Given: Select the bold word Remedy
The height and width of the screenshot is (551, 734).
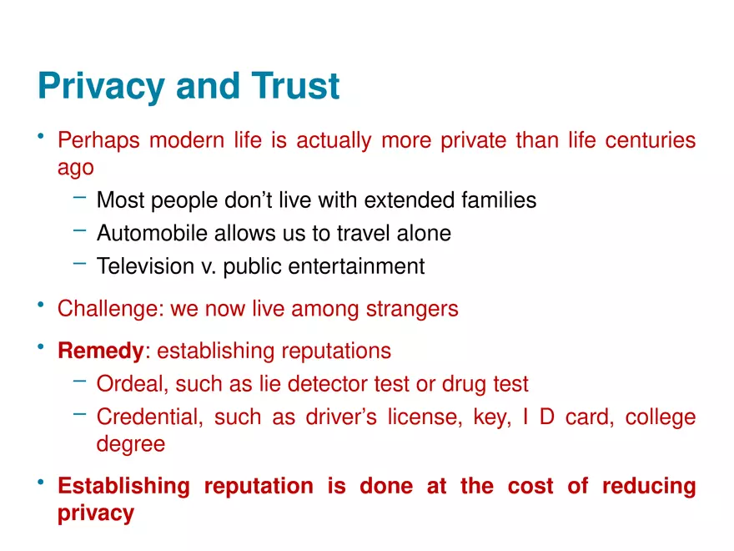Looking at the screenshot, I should point(100,351).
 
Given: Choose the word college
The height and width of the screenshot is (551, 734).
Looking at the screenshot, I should point(661,417).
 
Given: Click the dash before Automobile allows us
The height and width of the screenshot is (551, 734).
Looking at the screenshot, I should point(79,231).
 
